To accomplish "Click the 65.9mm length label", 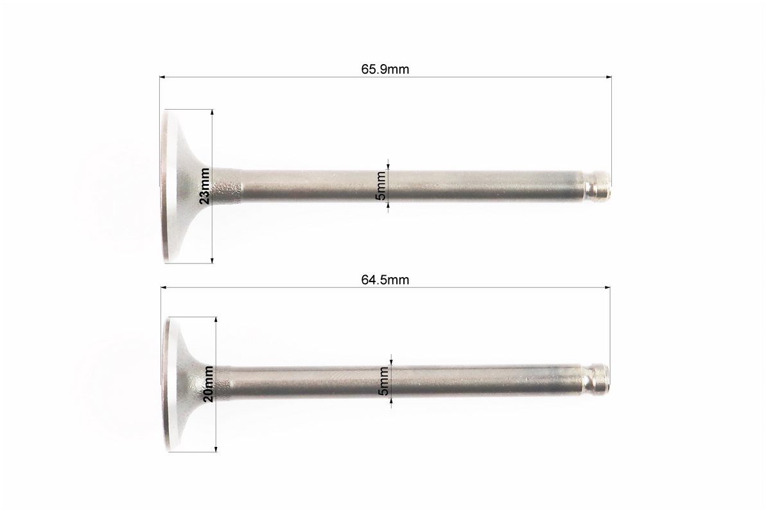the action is point(385,69).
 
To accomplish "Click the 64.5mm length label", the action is point(385,280).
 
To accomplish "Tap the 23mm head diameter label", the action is point(205,185).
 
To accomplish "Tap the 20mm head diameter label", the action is point(208,383).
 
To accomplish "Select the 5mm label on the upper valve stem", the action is point(381,185).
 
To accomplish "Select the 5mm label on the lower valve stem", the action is point(384,381).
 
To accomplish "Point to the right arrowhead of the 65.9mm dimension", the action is point(609,77).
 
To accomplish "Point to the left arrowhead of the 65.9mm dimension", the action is point(162,77).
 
